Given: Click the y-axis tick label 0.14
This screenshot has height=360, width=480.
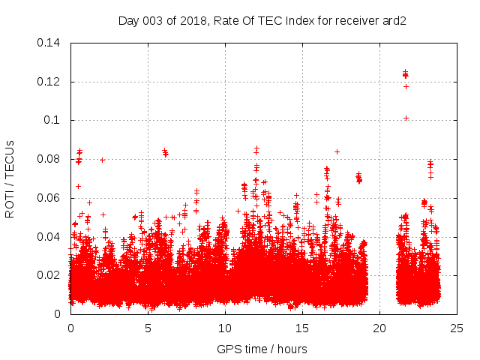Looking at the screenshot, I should coord(50,43).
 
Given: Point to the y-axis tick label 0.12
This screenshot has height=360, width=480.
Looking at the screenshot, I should coord(50,82).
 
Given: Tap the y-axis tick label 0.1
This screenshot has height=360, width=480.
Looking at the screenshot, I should coord(53,120).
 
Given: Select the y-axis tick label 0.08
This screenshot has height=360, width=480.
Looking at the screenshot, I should coord(50,159).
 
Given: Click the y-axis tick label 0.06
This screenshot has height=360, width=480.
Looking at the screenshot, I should coord(50,198).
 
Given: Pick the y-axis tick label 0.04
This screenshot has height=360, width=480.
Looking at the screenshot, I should coord(50,237).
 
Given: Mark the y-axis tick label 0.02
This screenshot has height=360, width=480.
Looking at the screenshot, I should coord(50,275).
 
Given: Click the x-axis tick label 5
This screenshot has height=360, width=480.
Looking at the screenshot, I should coord(148,328).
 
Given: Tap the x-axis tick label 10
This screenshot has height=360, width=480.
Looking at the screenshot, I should coord(225,328).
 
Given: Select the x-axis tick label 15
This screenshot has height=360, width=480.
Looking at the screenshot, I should coord(302,328).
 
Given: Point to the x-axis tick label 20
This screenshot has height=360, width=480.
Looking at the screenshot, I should coord(379,328).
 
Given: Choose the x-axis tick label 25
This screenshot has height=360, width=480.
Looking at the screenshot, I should coord(457,328).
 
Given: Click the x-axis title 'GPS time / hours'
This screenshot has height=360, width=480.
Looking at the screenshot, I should coord(262,349).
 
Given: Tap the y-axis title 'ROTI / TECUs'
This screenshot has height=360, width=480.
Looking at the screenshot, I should coord(10,178).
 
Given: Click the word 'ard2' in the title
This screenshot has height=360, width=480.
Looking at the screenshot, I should coord(394,20).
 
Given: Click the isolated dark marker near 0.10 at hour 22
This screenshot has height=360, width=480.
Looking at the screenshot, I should coord(406,118).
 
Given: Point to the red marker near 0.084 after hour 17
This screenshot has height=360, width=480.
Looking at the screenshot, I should coord(337,152).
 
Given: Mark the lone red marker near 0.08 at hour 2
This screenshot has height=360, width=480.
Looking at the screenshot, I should coord(102,160).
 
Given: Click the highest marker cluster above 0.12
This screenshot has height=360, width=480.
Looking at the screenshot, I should coord(405,73).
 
